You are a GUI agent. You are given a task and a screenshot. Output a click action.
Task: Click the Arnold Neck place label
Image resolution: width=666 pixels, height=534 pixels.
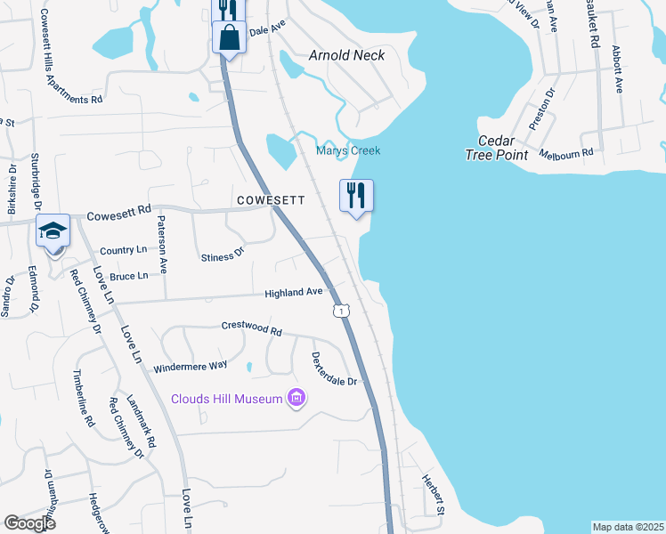346,55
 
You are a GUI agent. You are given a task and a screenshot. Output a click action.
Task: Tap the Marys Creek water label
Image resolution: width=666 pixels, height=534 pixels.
348,150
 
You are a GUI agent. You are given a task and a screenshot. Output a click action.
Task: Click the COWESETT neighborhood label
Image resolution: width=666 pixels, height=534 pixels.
271,201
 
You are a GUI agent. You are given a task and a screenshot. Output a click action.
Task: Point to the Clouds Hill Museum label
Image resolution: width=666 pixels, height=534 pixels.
227,399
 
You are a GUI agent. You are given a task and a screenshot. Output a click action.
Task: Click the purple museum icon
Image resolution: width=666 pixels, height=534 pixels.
296,399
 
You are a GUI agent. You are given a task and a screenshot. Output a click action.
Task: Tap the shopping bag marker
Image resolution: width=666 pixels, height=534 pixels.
229,38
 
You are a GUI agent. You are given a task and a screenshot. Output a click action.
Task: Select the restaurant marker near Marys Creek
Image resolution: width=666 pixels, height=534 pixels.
356,195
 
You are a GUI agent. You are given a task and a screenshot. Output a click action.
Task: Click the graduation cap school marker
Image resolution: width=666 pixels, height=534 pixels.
53,231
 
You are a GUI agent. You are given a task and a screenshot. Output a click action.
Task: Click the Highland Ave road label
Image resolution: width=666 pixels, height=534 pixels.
293,292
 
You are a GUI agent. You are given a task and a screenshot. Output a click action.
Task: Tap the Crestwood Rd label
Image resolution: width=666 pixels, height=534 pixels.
251,329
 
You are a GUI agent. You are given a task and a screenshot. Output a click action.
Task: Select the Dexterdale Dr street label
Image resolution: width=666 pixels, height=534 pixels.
334,368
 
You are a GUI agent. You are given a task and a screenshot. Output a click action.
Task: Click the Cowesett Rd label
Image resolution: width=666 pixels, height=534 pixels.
120,214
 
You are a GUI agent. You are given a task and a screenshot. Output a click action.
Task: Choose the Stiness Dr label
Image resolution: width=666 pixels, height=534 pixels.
223,255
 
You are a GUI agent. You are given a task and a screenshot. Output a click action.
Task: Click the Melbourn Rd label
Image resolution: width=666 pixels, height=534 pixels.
573,154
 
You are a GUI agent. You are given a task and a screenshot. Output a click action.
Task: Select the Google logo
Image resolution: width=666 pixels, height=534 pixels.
29,522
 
